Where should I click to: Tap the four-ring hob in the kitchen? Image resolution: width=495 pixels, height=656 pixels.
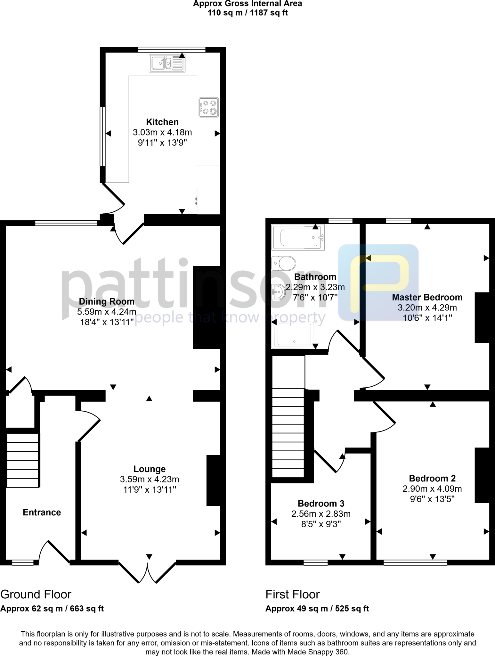point(208,107)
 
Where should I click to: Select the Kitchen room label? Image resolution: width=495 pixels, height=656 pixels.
point(162,122)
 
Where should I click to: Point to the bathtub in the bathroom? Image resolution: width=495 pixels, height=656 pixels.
point(298,237)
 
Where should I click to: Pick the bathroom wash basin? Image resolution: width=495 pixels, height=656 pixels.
point(278,292)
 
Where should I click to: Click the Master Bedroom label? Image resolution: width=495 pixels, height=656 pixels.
point(427,297)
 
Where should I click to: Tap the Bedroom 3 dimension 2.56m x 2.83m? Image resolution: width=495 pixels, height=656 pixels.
point(321,514)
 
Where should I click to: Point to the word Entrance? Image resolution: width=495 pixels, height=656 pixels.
point(42,512)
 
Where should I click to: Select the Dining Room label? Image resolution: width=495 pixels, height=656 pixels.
point(107,301)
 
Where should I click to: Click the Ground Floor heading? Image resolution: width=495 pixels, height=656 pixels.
point(36,594)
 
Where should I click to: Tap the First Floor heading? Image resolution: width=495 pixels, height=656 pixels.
point(292,594)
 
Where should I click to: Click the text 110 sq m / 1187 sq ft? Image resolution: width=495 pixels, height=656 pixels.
point(247,13)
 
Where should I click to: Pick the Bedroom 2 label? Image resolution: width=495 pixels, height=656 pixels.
point(432,478)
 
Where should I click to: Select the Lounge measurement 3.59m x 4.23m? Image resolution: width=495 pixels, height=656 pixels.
point(150,479)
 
